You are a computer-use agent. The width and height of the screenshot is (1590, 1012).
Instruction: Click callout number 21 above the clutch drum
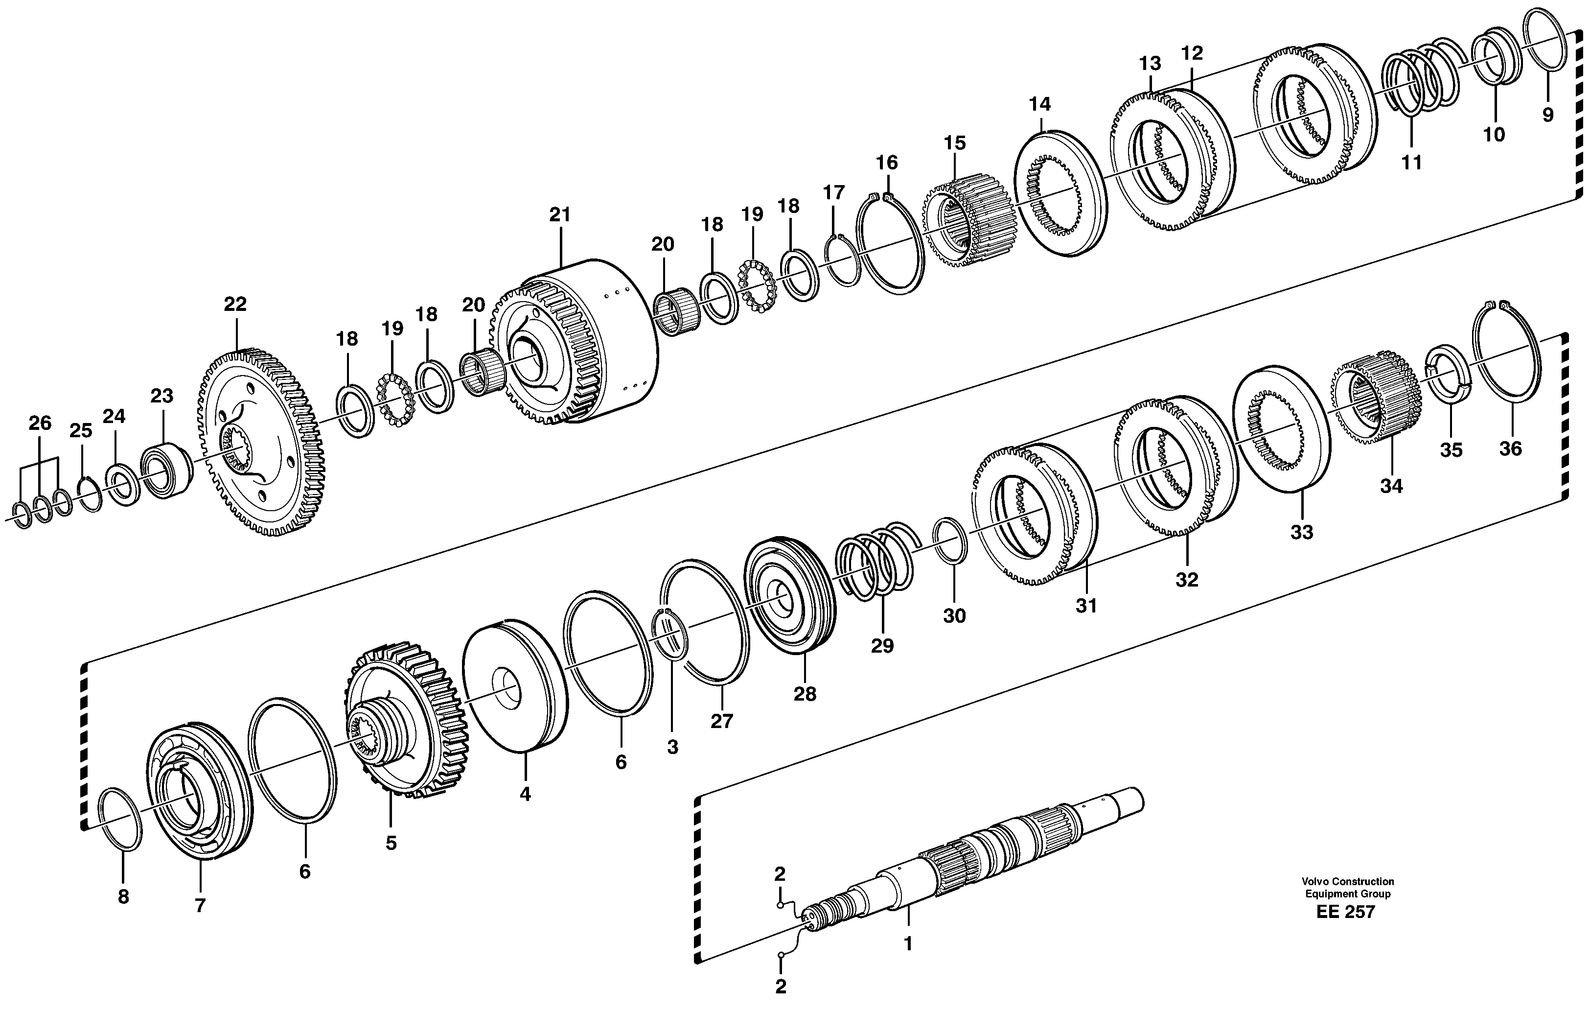[x=559, y=215]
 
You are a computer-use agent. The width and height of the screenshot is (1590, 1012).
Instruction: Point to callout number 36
[x=1510, y=449]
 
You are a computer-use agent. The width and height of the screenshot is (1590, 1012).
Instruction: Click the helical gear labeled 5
[x=406, y=720]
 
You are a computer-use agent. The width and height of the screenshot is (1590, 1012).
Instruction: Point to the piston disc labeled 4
[x=515, y=687]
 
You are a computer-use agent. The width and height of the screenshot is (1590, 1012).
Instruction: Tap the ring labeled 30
[x=951, y=541]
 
